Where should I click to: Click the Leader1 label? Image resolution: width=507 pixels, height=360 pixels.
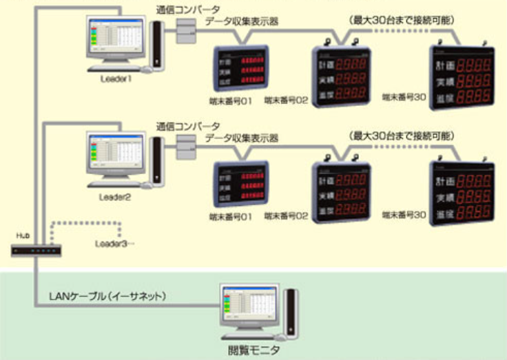[115, 79]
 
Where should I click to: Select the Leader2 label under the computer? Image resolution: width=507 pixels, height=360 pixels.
[114, 197]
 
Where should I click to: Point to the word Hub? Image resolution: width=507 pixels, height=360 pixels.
[23, 235]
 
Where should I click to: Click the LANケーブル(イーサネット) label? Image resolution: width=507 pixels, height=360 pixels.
[108, 296]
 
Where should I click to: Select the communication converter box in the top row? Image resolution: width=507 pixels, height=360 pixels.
[186, 30]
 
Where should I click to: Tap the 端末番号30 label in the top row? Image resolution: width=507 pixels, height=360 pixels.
[404, 99]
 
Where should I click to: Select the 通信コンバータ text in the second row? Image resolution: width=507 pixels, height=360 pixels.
[188, 127]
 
